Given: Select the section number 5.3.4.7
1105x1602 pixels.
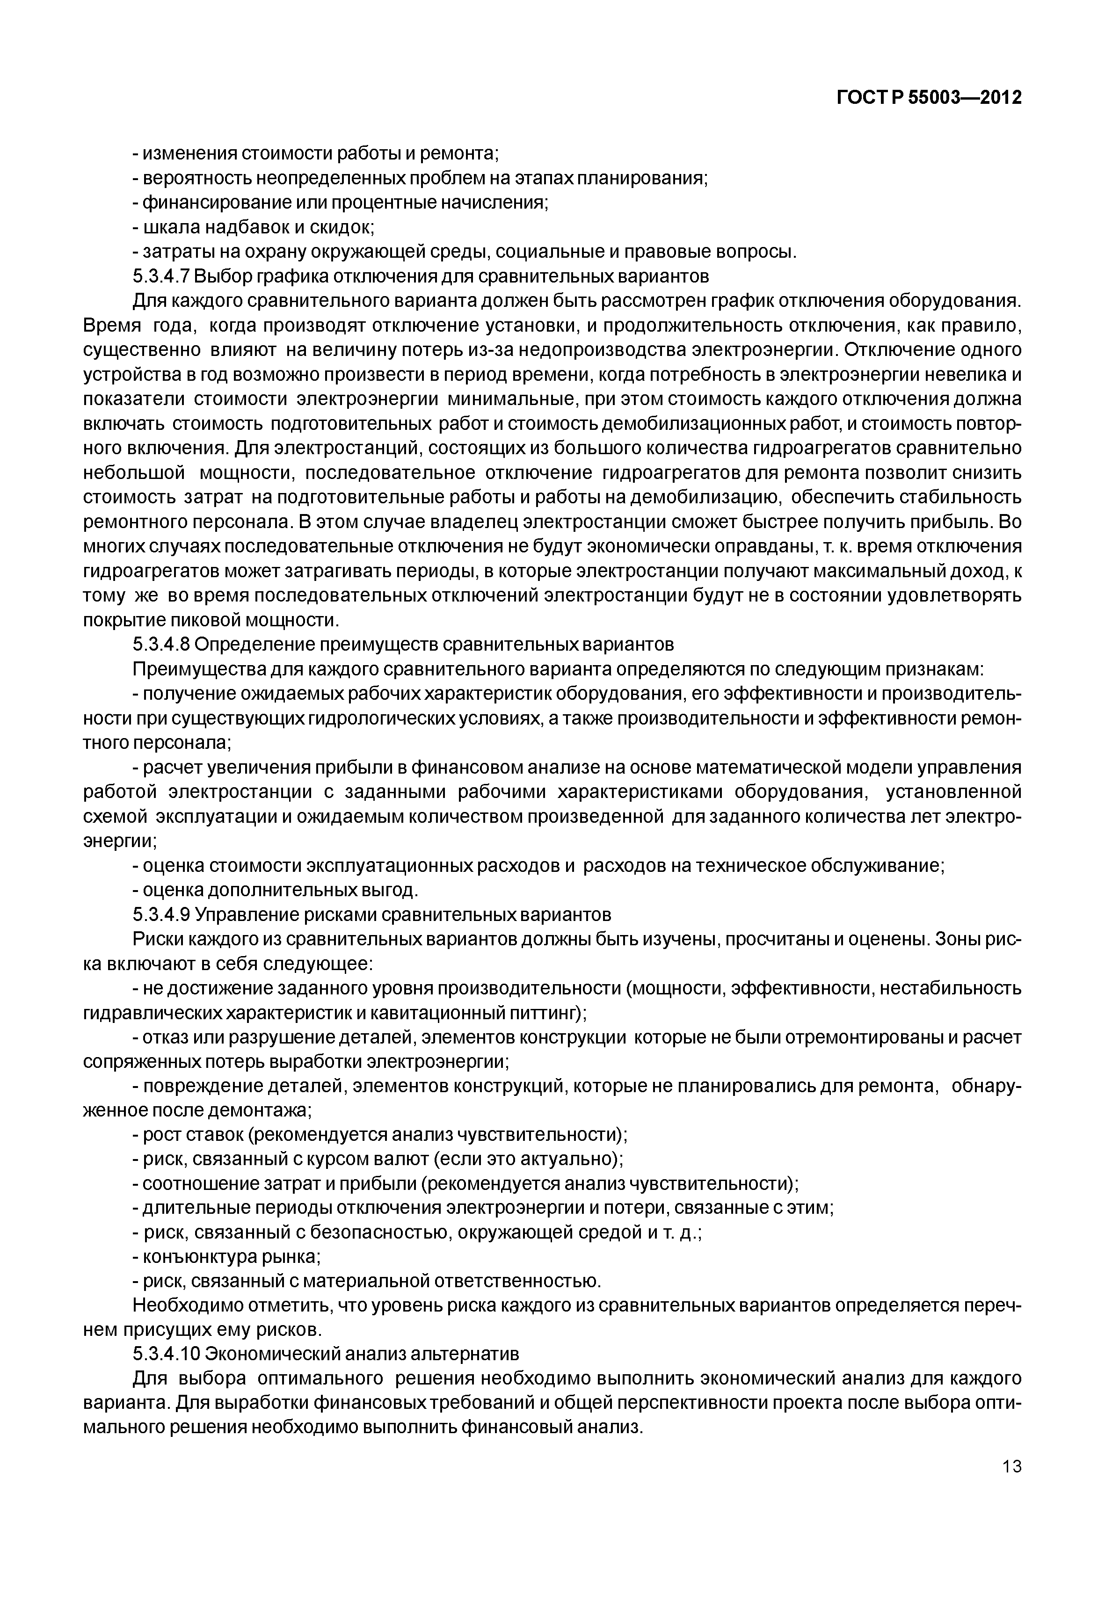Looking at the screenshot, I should point(160,276).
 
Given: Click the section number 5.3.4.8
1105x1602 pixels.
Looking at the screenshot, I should point(160,645).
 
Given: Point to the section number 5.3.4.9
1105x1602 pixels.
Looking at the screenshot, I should point(160,914).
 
